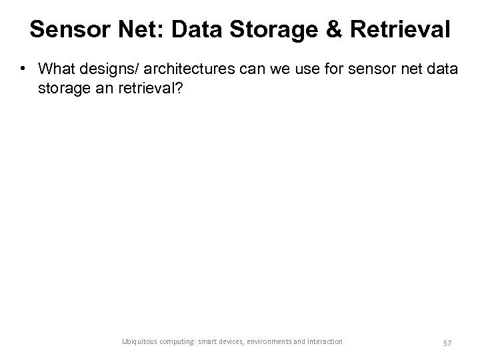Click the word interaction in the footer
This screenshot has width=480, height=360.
click(x=325, y=341)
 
